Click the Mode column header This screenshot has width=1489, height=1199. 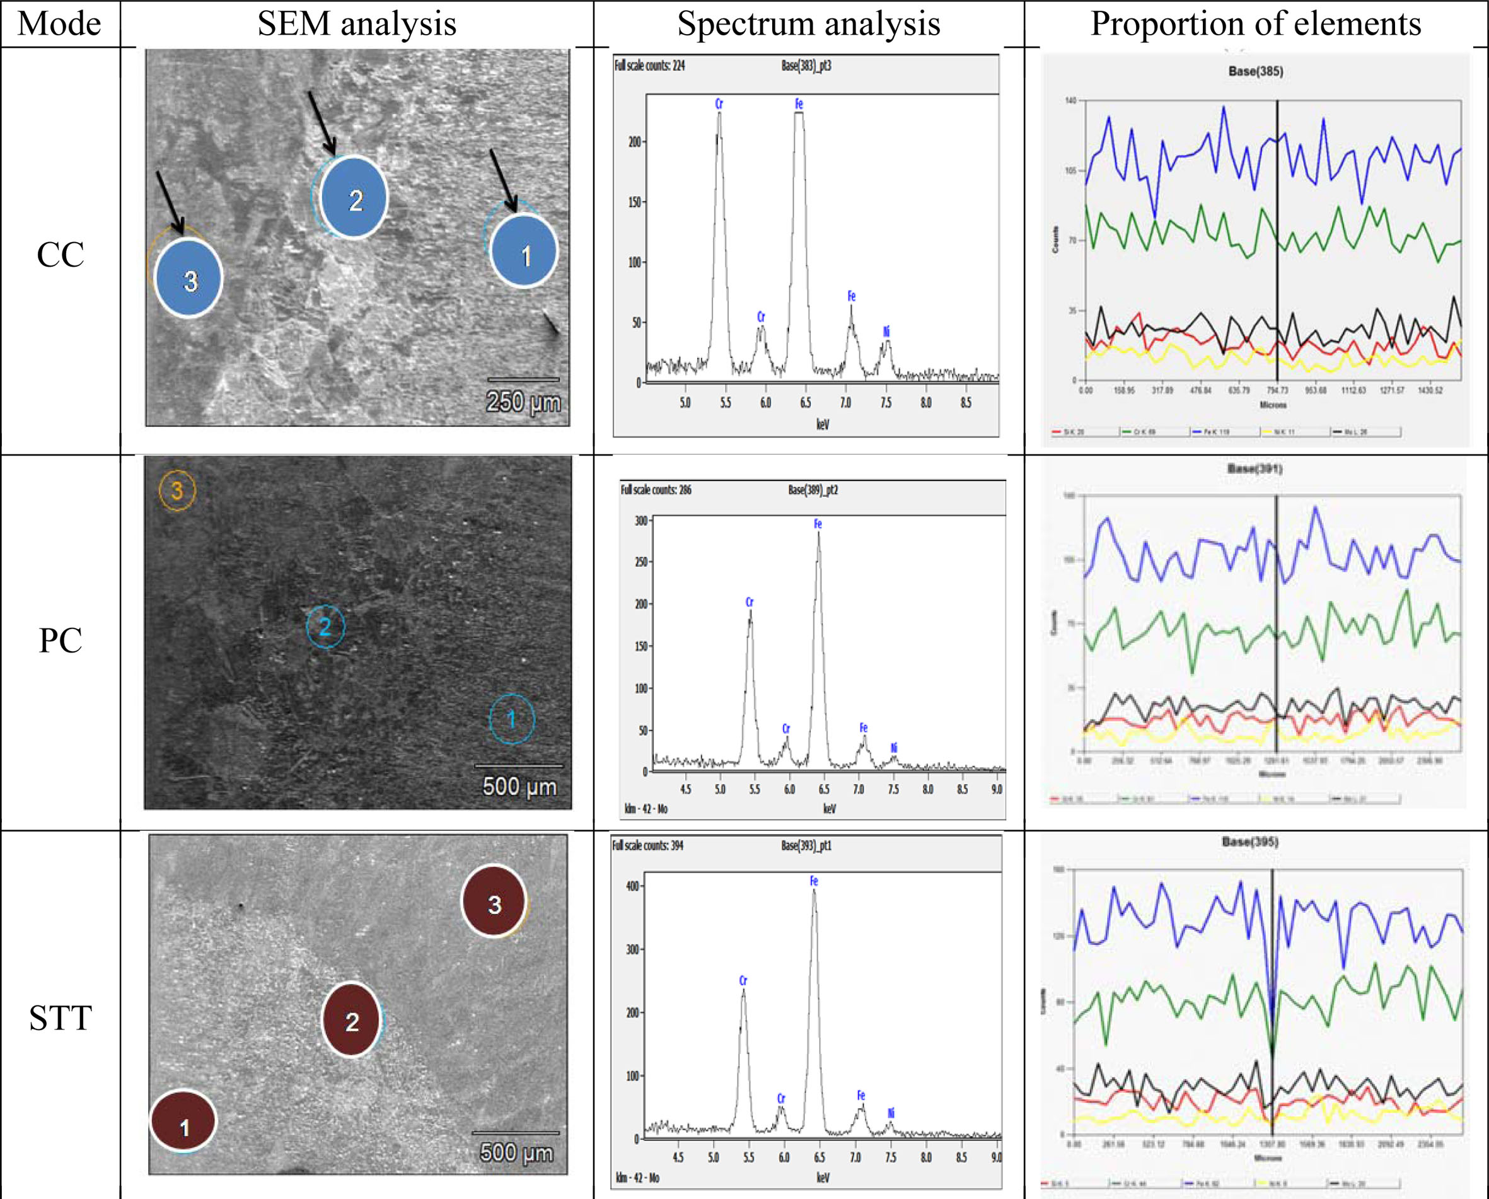pyautogui.click(x=59, y=23)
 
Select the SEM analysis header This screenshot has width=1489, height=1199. pyautogui.click(x=356, y=23)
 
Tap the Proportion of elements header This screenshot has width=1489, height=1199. pyautogui.click(x=1255, y=23)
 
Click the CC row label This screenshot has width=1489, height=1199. pyautogui.click(x=60, y=255)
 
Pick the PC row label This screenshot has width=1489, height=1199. pyautogui.click(x=60, y=640)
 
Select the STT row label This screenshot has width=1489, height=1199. pyautogui.click(x=60, y=1018)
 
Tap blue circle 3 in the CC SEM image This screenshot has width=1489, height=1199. pyautogui.click(x=188, y=279)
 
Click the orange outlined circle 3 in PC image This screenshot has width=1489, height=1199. pyautogui.click(x=177, y=490)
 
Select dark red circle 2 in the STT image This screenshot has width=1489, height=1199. pyautogui.click(x=352, y=1021)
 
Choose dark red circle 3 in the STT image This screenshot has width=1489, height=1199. pyautogui.click(x=494, y=902)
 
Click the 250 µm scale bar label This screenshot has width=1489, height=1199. pyautogui.click(x=523, y=402)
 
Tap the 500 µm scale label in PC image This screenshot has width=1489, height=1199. pyautogui.click(x=519, y=786)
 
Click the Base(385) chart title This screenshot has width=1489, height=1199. pyautogui.click(x=1255, y=71)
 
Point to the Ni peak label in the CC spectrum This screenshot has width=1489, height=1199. pyautogui.click(x=887, y=332)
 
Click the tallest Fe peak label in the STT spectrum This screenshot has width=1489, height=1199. pyautogui.click(x=814, y=881)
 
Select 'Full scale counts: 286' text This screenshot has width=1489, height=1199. pyautogui.click(x=656, y=490)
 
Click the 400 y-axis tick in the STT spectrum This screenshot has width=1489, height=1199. pyautogui.click(x=632, y=886)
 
